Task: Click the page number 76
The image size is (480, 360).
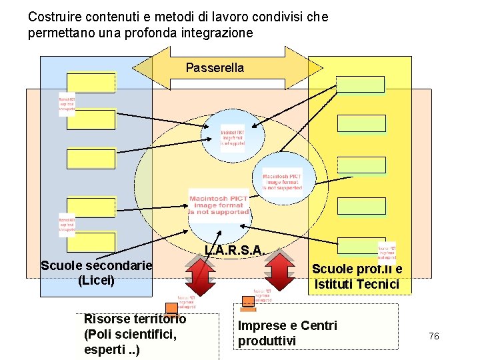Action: coord(434,337)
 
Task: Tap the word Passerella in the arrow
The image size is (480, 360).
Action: coord(215,68)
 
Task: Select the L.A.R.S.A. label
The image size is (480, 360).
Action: coord(235,251)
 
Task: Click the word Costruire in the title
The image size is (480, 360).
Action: coord(53,17)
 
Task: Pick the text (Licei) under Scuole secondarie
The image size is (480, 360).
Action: coord(96,281)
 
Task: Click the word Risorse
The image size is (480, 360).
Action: coord(108,319)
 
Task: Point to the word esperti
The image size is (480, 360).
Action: coord(107,349)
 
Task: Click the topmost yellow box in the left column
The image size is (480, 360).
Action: coord(91,82)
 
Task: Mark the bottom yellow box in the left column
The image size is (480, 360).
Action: coord(91,241)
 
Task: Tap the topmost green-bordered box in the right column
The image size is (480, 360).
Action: coord(361,84)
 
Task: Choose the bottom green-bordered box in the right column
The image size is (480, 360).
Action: coord(361,245)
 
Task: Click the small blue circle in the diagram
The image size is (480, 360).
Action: coord(233,138)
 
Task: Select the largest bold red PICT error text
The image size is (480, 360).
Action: coord(219,205)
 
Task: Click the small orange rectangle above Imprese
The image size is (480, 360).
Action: coord(248,308)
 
